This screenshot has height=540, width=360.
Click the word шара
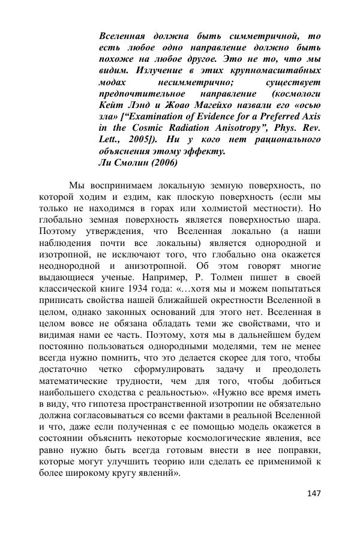(x=308, y=220)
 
